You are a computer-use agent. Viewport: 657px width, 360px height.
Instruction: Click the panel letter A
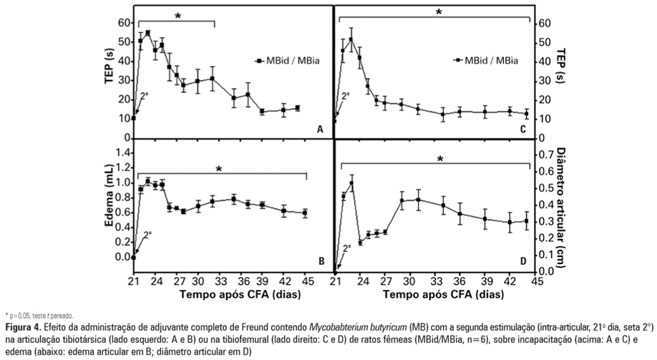click(320, 130)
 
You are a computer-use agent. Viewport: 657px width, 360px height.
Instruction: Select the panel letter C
click(522, 130)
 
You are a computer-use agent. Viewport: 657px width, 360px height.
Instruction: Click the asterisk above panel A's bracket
click(177, 16)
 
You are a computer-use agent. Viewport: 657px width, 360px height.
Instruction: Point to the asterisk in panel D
click(441, 160)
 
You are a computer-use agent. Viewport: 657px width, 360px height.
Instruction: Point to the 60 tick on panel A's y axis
click(123, 23)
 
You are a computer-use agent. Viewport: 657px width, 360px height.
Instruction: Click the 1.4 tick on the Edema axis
click(121, 152)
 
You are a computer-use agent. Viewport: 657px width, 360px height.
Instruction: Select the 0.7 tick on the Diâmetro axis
click(544, 154)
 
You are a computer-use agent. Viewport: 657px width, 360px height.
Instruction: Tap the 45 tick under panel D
click(532, 280)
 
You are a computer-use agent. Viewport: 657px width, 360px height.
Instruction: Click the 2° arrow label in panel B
click(147, 234)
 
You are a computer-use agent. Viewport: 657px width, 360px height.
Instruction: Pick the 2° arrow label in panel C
click(346, 95)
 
